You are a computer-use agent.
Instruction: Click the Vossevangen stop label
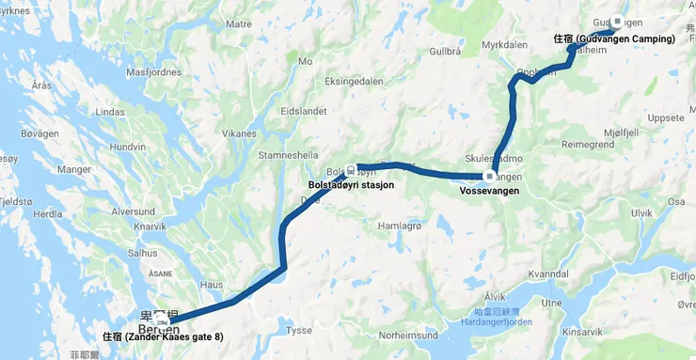pos(490,191)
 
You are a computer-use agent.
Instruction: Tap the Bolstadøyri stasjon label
pos(351,185)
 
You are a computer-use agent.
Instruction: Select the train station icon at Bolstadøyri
pos(351,170)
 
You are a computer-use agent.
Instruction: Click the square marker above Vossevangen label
pos(489,177)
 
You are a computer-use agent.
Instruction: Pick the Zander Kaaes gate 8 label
pos(163,337)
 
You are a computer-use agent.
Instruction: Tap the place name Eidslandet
pos(304,111)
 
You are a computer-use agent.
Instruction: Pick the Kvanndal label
pos(550,273)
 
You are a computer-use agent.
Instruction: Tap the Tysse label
pos(298,330)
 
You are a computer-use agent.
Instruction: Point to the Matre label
pos(239,23)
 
